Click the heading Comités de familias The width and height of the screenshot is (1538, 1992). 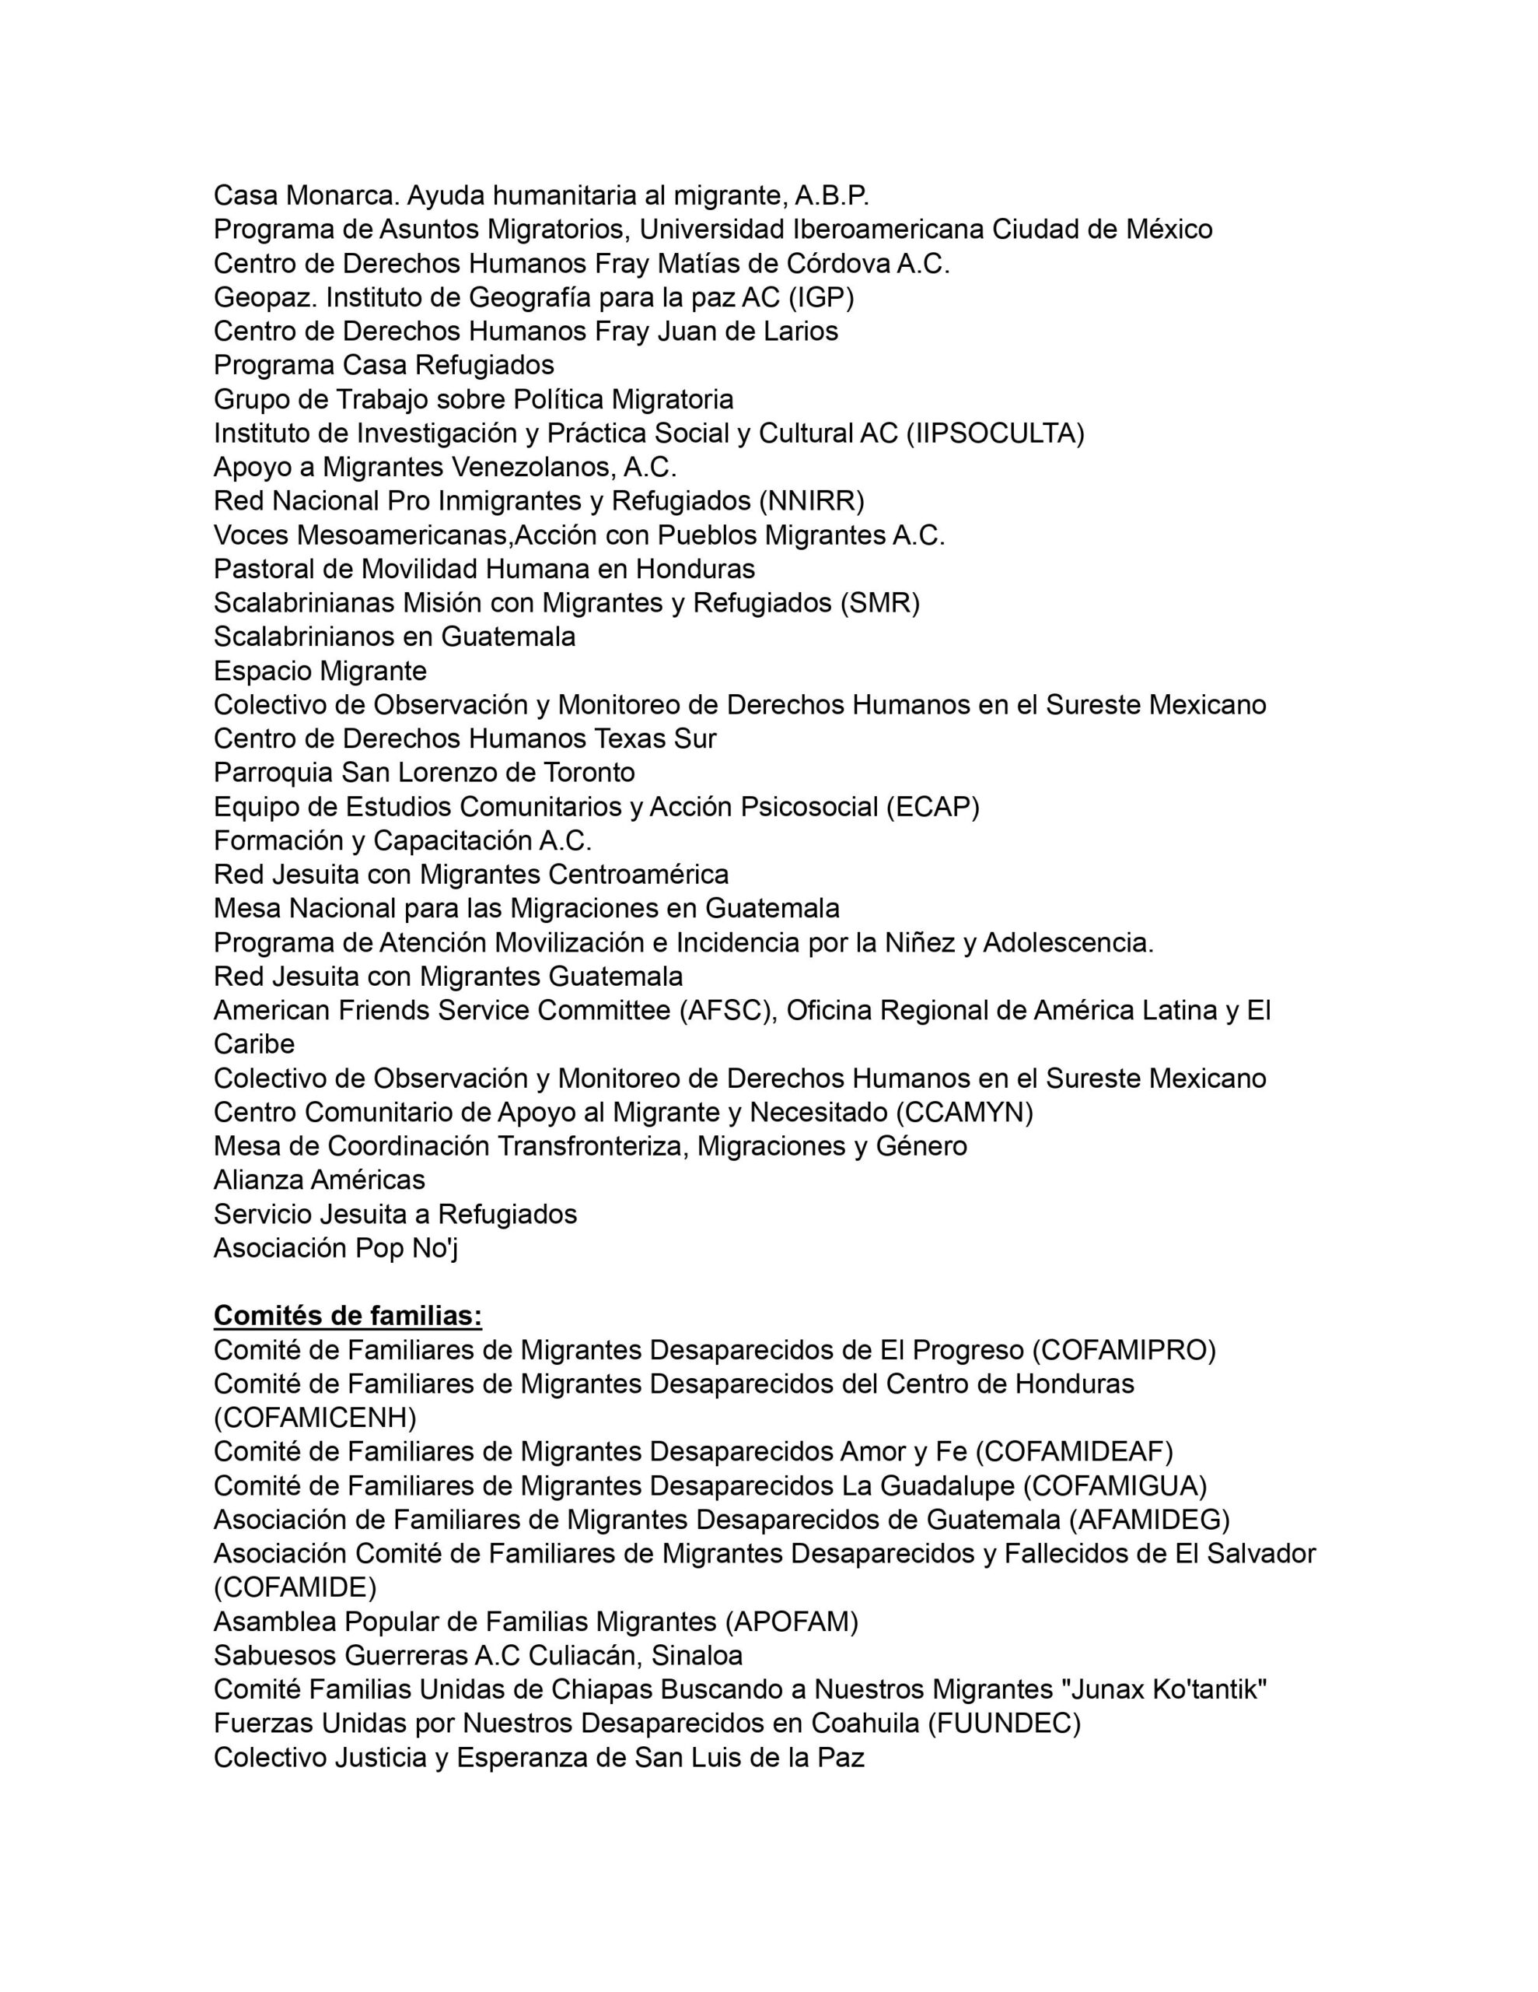pos(348,1316)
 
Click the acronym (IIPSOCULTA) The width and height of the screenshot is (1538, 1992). pos(995,433)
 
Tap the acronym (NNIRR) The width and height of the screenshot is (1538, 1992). pos(812,501)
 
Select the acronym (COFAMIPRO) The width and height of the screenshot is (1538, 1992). pos(1124,1350)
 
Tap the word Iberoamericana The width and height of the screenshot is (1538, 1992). pos(888,229)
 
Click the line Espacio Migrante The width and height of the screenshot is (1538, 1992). pos(320,672)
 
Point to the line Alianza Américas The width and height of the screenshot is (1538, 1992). pos(319,1180)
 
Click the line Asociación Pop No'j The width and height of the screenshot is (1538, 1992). pos(335,1248)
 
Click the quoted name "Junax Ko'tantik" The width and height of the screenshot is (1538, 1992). pos(1164,1689)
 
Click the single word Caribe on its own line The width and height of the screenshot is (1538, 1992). pos(253,1044)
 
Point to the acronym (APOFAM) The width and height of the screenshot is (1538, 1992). pos(792,1622)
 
